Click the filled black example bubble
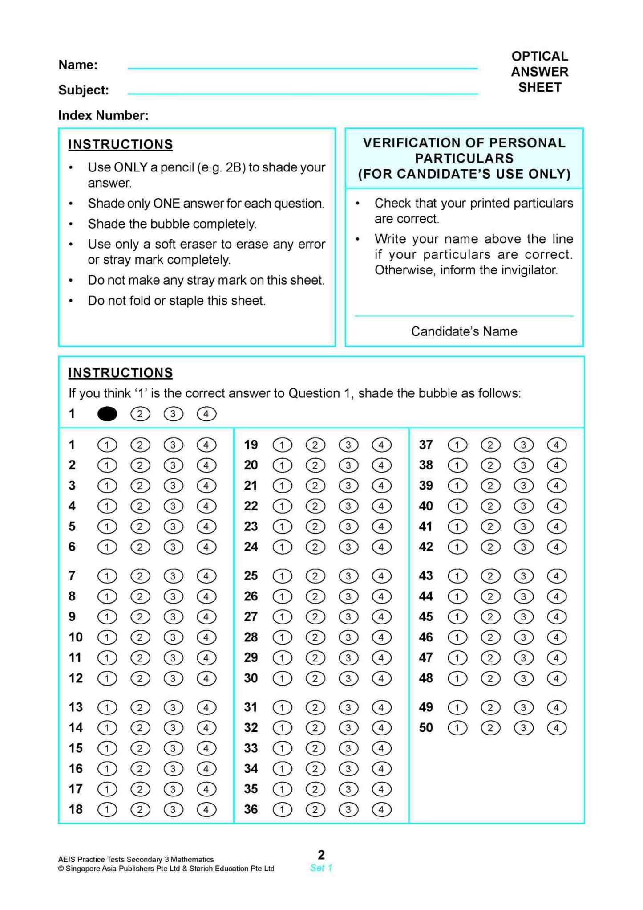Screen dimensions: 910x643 [x=107, y=414]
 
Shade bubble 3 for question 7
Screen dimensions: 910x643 [x=173, y=576]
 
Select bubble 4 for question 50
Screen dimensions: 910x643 [x=556, y=728]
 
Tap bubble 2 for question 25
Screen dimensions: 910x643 [x=315, y=576]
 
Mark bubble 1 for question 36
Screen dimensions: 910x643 [x=282, y=809]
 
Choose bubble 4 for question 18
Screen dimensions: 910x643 [x=206, y=809]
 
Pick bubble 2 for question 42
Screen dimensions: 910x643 [x=490, y=547]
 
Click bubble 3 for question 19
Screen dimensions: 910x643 [x=348, y=445]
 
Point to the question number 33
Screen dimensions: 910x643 [x=251, y=748]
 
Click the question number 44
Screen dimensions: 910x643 [x=426, y=596]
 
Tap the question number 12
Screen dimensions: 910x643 [x=76, y=678]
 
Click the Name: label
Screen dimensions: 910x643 [x=78, y=65]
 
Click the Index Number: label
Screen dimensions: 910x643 [x=103, y=115]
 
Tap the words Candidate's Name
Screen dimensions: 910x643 [x=464, y=331]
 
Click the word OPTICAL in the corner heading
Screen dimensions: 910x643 [x=539, y=56]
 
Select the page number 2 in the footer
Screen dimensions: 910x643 [x=321, y=855]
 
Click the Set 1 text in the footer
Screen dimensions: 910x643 [x=321, y=868]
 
